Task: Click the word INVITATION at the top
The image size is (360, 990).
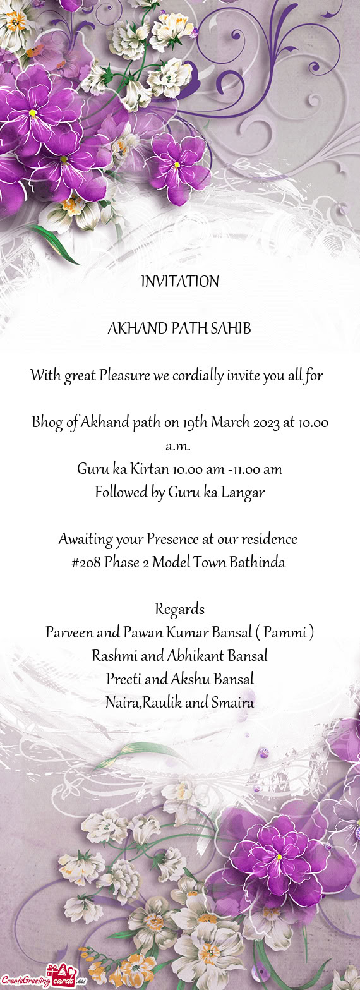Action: [180, 282]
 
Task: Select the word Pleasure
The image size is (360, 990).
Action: [124, 377]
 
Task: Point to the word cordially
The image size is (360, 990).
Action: [196, 377]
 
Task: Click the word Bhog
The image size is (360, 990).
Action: [47, 423]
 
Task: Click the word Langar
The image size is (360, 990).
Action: [242, 493]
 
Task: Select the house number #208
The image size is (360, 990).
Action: [86, 562]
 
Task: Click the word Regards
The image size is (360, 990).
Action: [180, 609]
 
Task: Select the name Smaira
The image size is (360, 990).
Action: [232, 703]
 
